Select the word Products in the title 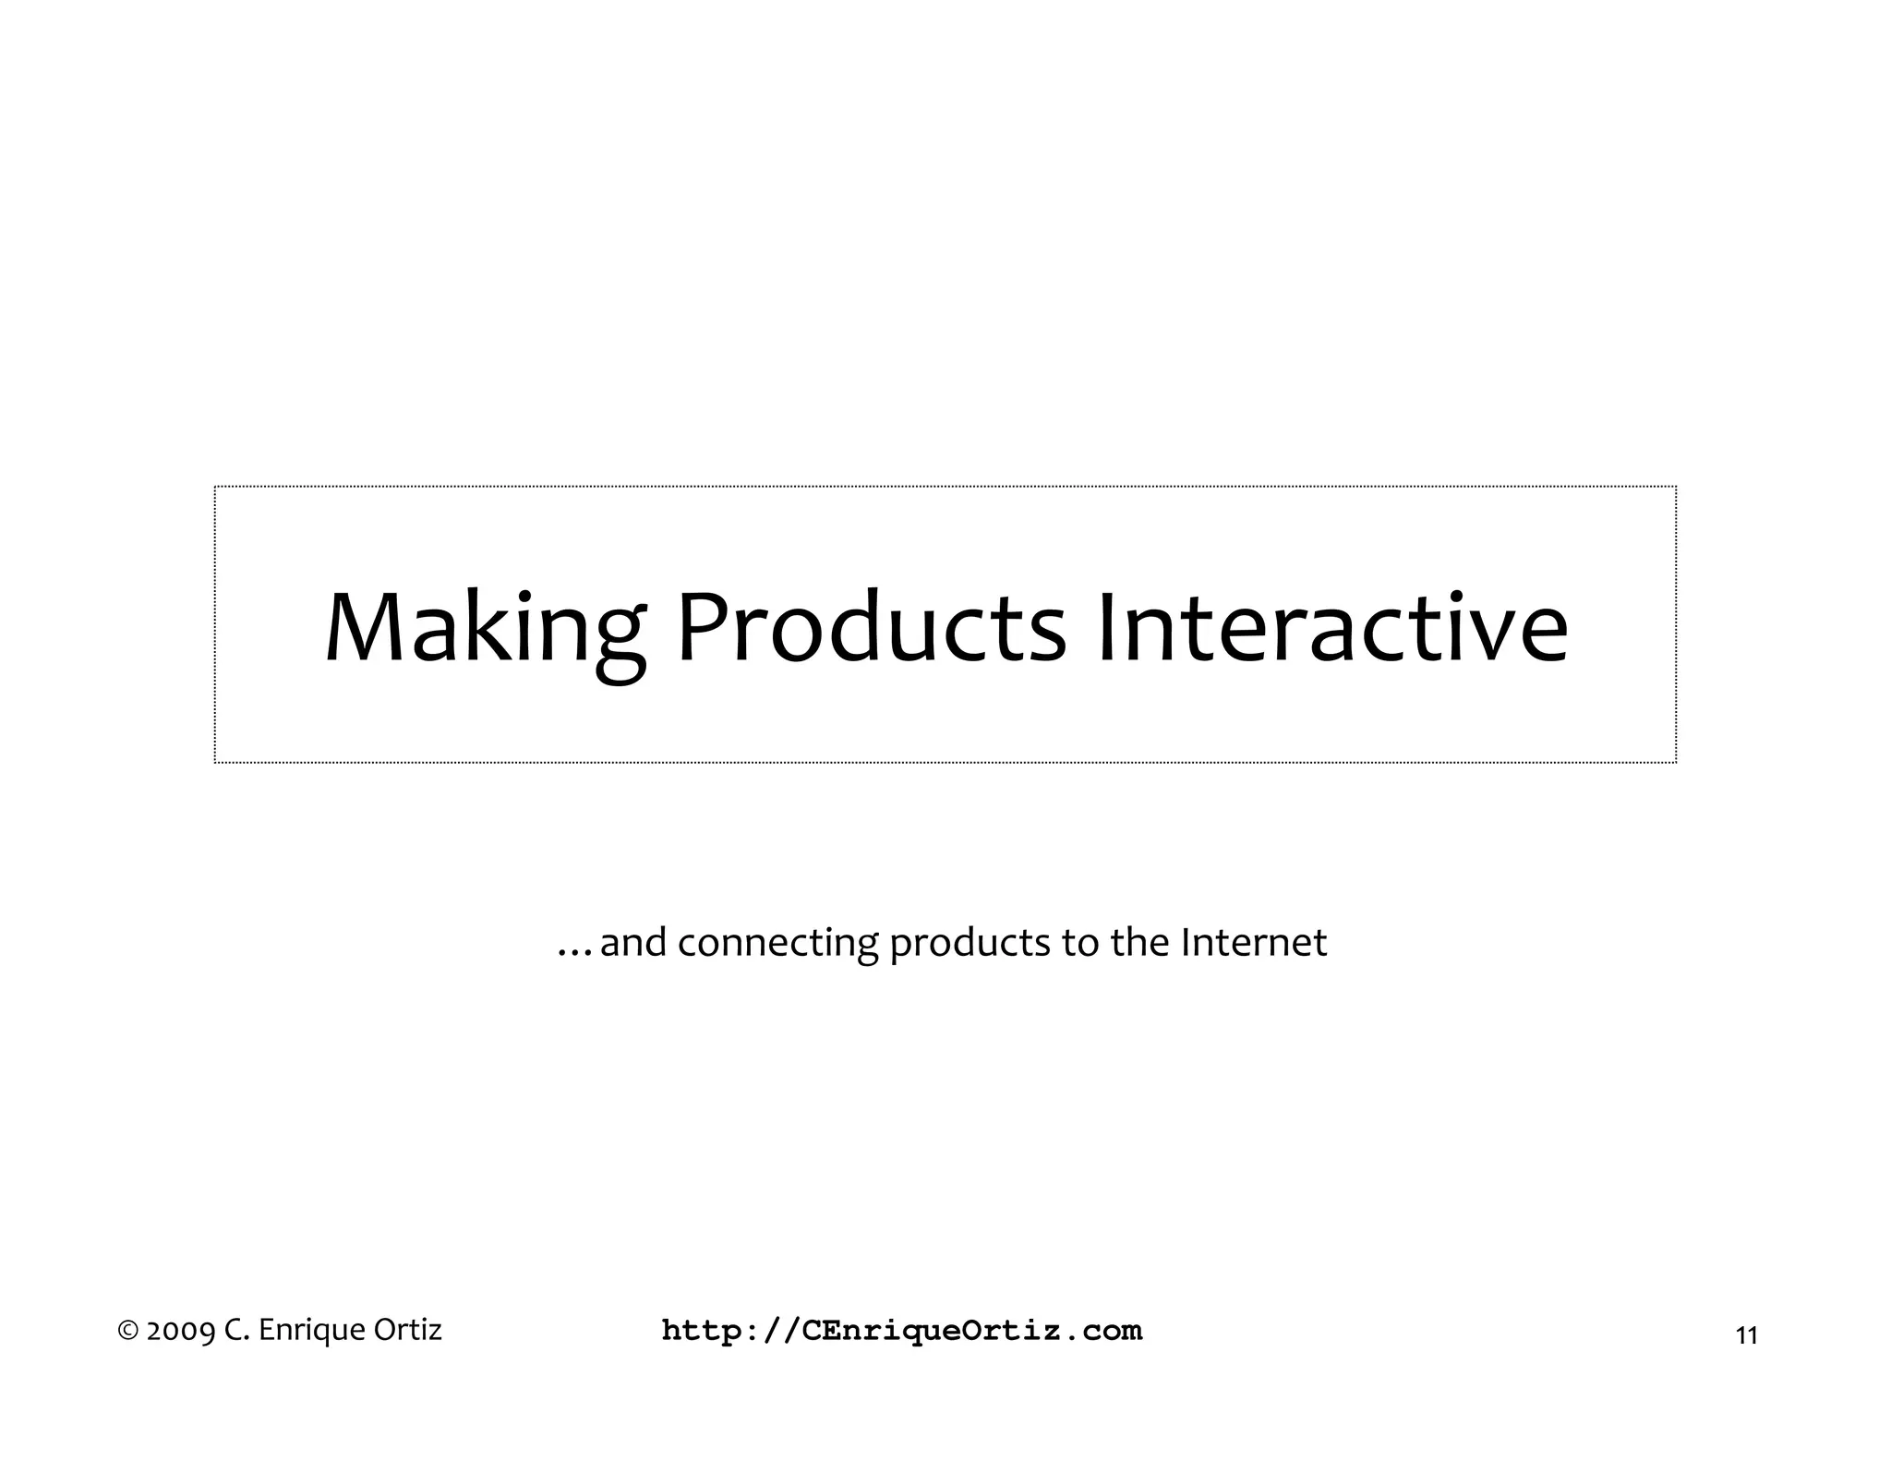872,628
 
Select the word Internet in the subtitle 1253,942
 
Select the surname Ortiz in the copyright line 407,1330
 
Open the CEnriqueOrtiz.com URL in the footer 902,1331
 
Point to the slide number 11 1746,1336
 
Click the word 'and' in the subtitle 632,942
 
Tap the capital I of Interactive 1106,628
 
